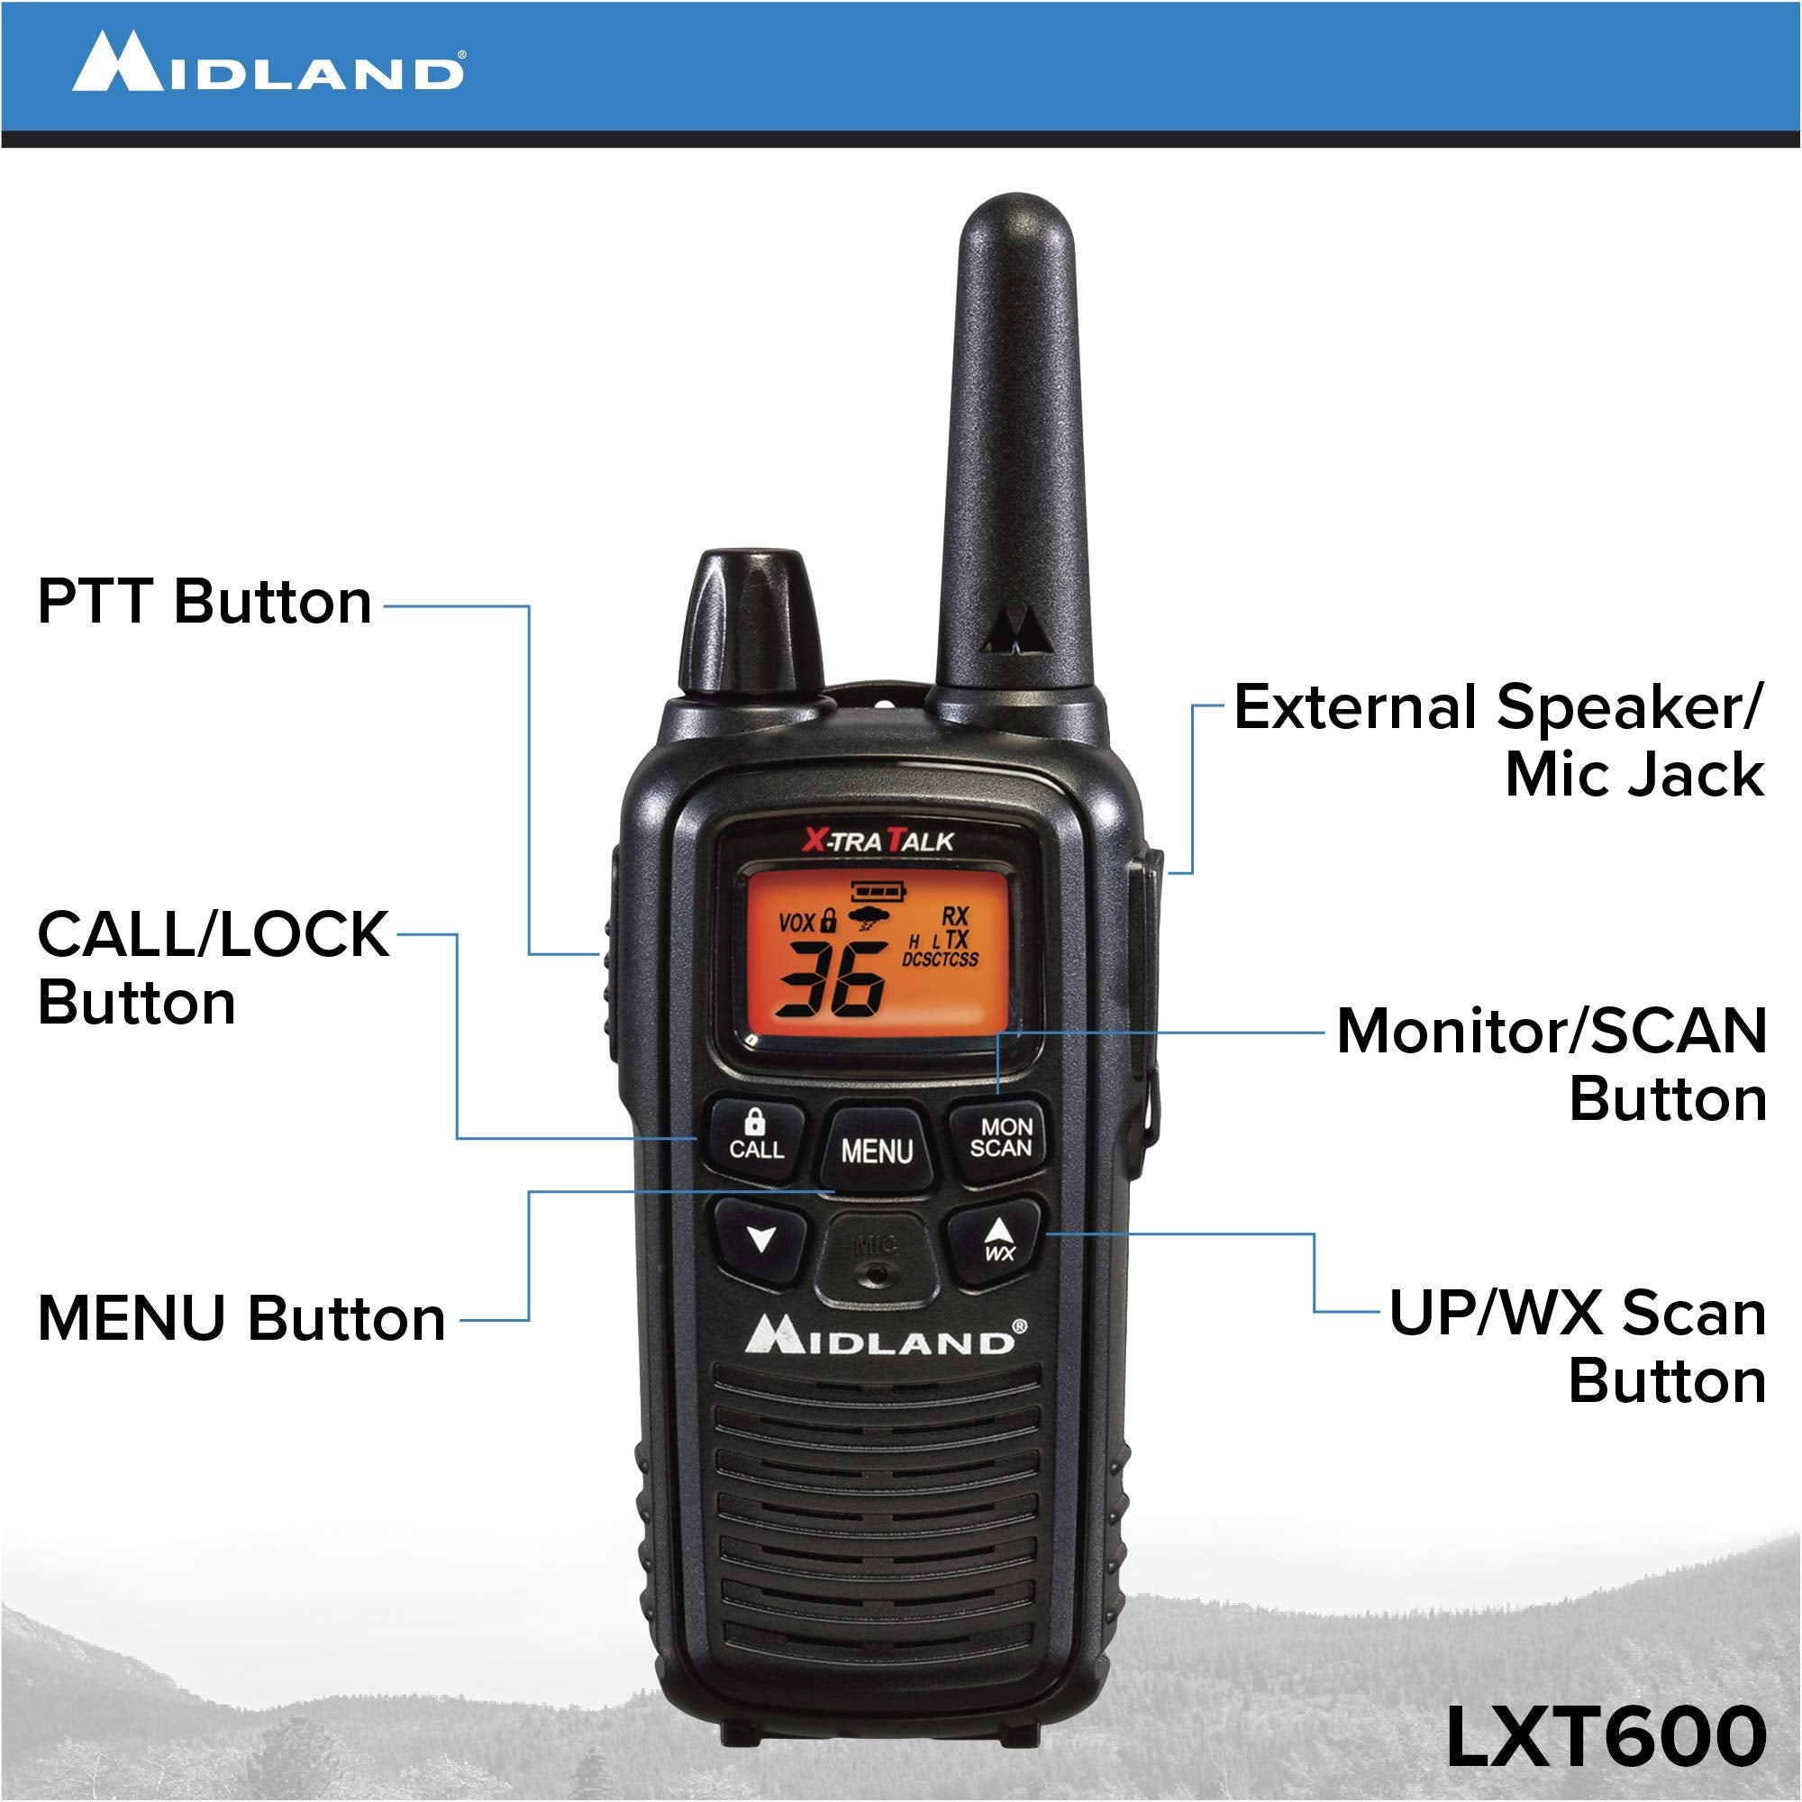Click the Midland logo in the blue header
coord(268,62)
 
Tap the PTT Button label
coord(205,602)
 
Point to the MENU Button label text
coord(241,1319)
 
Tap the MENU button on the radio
coord(877,1151)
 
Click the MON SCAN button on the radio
coord(1001,1138)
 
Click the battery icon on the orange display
coord(878,891)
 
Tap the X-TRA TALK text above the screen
coord(878,842)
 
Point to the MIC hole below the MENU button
coord(876,1271)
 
